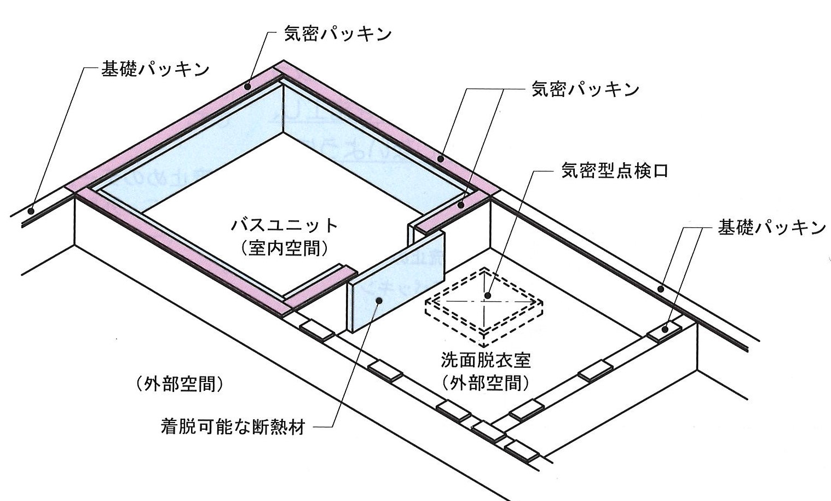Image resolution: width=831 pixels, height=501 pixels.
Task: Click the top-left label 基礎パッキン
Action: tap(155, 70)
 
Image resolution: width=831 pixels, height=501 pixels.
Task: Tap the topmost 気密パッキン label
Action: tap(337, 34)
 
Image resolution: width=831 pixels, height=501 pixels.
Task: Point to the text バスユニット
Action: tap(285, 225)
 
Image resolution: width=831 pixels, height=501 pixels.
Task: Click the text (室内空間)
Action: tap(285, 248)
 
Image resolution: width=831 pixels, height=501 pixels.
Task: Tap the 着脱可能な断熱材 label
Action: tap(233, 426)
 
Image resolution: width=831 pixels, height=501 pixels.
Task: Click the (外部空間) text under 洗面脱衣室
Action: tap(486, 383)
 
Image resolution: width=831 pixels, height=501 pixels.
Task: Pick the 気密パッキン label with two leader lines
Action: tap(585, 89)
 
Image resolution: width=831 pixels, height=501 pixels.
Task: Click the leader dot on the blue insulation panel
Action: tap(379, 300)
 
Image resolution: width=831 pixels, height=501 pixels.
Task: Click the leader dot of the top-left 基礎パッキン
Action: tap(31, 210)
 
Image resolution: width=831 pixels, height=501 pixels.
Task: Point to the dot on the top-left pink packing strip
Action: tap(248, 86)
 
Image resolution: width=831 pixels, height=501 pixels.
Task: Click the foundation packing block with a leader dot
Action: tap(665, 328)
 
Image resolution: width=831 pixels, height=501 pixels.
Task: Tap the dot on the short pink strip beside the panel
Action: tap(461, 205)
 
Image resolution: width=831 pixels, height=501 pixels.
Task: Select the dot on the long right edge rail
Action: tap(661, 288)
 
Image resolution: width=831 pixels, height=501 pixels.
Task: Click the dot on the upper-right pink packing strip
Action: tap(440, 158)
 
